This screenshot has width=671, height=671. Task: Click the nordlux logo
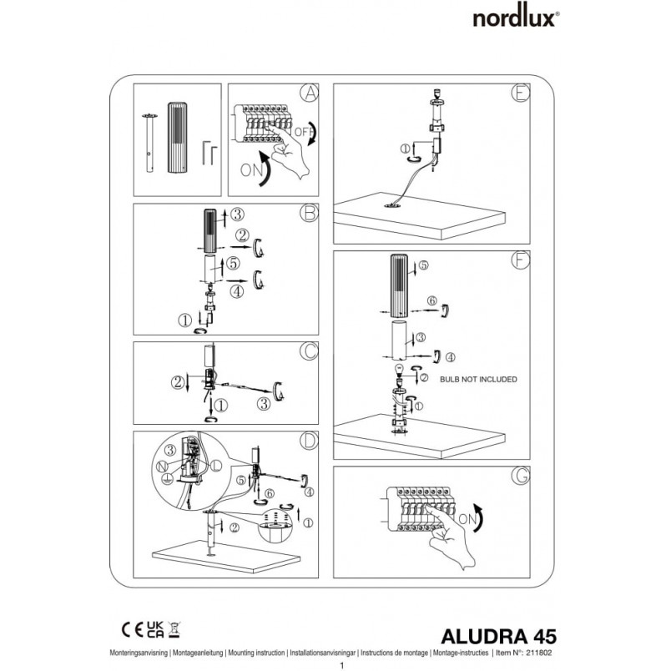[516, 18]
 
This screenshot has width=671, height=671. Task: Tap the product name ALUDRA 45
[498, 636]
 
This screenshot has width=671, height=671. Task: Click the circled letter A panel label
[309, 93]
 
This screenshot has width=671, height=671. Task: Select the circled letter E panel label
[521, 93]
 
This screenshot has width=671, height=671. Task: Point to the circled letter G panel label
[521, 476]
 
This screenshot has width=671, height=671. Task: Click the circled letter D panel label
[309, 441]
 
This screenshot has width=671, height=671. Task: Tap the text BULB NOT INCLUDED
[478, 379]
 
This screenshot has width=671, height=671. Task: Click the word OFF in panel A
[303, 131]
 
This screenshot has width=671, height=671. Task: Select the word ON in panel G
[467, 519]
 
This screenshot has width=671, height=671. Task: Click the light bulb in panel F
[399, 371]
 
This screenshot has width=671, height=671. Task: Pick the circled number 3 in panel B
[238, 214]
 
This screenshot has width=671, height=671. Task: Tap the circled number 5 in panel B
[233, 263]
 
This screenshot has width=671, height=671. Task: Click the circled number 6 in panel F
[432, 300]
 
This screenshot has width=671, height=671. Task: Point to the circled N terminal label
[162, 467]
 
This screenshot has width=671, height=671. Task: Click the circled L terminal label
[216, 465]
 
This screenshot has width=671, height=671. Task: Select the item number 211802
[539, 653]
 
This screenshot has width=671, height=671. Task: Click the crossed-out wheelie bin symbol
[174, 630]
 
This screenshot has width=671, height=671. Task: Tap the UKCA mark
[155, 630]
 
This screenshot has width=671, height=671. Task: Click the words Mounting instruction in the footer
[256, 653]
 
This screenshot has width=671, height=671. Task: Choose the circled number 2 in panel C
[178, 381]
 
